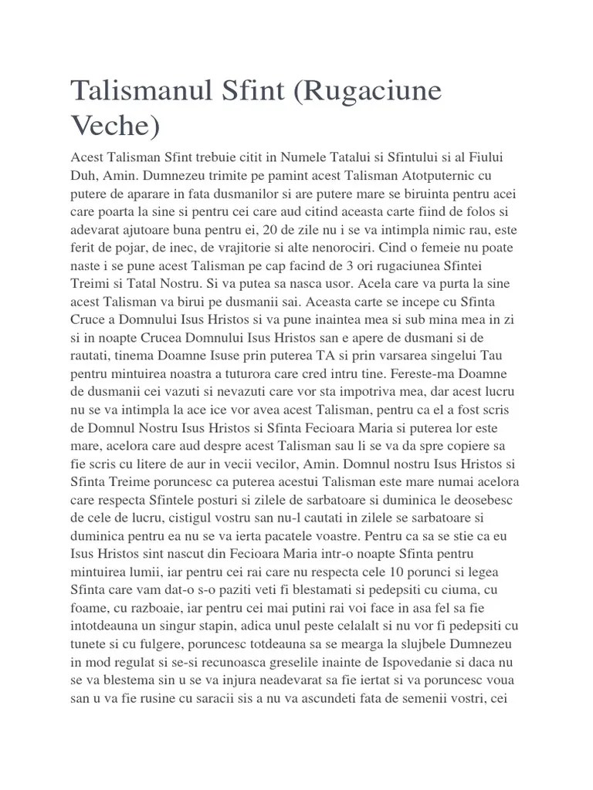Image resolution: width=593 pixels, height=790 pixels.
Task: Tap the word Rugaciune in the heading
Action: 370,92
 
